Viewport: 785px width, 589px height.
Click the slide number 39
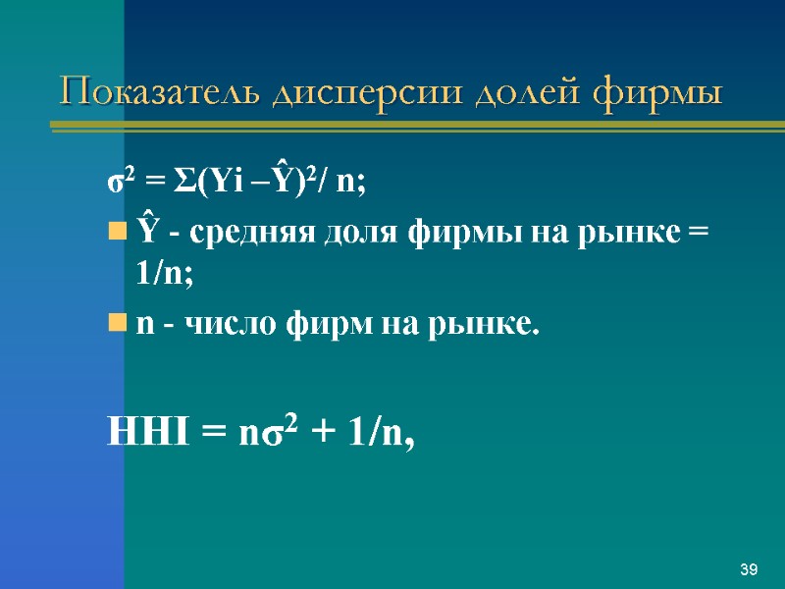749,570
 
